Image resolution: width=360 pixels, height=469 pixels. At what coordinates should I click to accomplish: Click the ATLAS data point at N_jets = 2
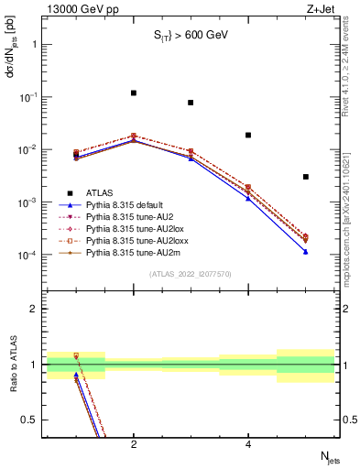coord(134,93)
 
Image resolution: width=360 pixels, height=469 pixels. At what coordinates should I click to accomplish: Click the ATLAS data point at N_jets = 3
coord(191,103)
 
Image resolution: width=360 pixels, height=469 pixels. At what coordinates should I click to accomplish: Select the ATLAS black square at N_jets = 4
coord(248,135)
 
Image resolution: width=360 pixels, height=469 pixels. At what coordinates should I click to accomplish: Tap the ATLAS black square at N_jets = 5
coord(305,177)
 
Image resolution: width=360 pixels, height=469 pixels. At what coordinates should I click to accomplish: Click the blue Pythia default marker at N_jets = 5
coord(305,251)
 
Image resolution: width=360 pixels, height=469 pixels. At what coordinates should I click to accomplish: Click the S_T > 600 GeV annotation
coord(189,36)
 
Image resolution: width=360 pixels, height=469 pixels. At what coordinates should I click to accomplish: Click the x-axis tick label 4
coord(248,444)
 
